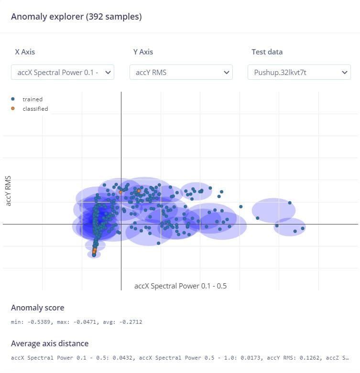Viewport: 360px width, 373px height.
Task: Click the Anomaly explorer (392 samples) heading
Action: coord(76,17)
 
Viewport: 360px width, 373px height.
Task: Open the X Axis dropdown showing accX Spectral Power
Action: coord(63,73)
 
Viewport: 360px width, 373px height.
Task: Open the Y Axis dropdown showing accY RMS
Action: coord(181,73)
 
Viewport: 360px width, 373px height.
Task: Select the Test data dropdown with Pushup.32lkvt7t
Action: coord(299,73)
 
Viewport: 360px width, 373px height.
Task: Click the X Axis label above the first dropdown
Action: coord(25,52)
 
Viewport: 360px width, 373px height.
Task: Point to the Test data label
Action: coord(267,52)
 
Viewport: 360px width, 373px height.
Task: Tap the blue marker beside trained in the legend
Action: coord(13,99)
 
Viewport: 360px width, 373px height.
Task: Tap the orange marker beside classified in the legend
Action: coord(13,108)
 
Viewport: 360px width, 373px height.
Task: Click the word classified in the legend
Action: coord(35,109)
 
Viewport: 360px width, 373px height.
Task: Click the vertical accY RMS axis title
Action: coord(8,191)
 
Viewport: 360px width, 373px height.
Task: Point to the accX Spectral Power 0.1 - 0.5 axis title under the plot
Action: coord(180,286)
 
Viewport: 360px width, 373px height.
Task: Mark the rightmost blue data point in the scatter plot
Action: coord(303,228)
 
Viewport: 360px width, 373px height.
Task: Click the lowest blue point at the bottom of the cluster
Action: coord(94,255)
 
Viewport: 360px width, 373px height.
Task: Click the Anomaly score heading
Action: coord(37,308)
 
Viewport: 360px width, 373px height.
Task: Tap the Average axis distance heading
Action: coord(50,343)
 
